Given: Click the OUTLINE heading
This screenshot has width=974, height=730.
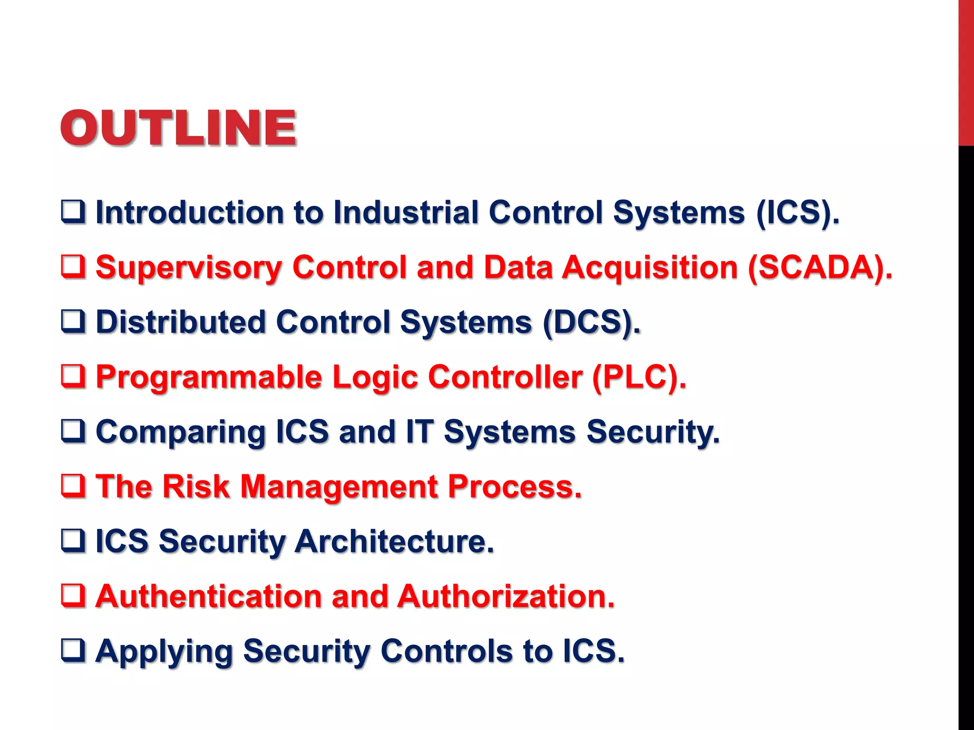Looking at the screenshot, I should coord(178,127).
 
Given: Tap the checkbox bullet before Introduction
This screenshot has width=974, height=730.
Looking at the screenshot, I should coord(73,212).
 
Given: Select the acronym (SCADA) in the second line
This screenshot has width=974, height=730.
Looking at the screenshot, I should coord(819,267).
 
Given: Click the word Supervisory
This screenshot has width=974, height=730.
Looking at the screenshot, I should coord(189,267).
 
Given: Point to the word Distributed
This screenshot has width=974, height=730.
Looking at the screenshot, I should coord(180,322).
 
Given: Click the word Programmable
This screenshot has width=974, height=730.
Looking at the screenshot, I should coord(209,377).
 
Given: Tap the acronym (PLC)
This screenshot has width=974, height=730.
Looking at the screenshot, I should coord(639,377).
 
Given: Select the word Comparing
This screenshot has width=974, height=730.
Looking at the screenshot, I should coord(180,432).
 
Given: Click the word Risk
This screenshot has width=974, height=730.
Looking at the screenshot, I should coord(196,487).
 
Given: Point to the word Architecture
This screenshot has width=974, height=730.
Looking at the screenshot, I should coord(394,541).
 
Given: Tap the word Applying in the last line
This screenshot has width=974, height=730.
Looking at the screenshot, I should coord(164,651).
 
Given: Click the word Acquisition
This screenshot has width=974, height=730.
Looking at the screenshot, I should coord(650,267).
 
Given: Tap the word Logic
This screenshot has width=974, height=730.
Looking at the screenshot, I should coord(375,377).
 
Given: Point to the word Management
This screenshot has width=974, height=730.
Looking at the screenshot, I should coord(339,487).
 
